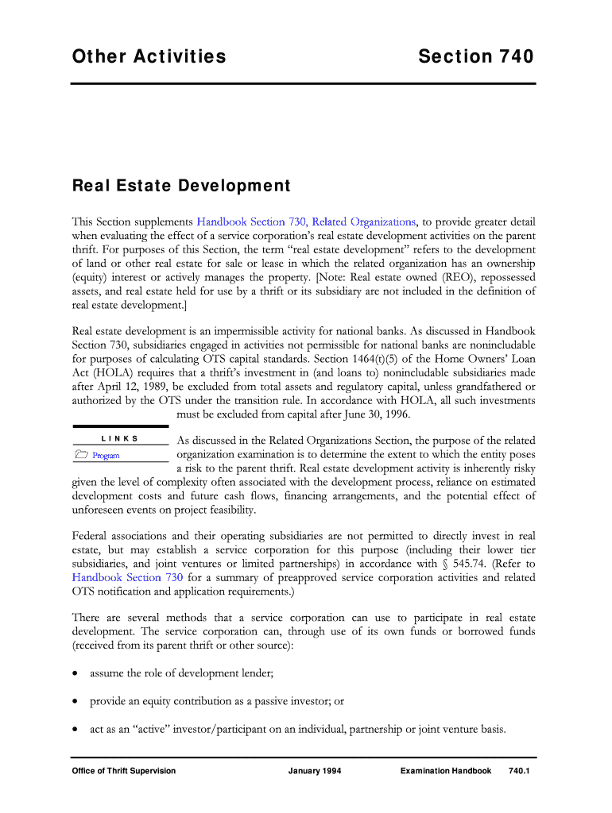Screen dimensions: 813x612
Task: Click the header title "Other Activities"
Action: pos(149,56)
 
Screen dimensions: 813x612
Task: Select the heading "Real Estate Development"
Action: pos(181,187)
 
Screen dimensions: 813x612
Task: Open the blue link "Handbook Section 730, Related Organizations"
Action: pos(306,222)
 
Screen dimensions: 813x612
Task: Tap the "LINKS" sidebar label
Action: pos(120,438)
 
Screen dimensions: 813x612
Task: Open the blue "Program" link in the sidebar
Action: pos(106,456)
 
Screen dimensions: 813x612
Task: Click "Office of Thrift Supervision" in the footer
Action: pos(123,771)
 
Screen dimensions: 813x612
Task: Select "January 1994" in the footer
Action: pos(315,771)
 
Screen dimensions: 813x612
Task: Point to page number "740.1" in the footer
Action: pos(518,771)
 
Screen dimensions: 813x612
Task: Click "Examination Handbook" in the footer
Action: pos(446,771)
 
